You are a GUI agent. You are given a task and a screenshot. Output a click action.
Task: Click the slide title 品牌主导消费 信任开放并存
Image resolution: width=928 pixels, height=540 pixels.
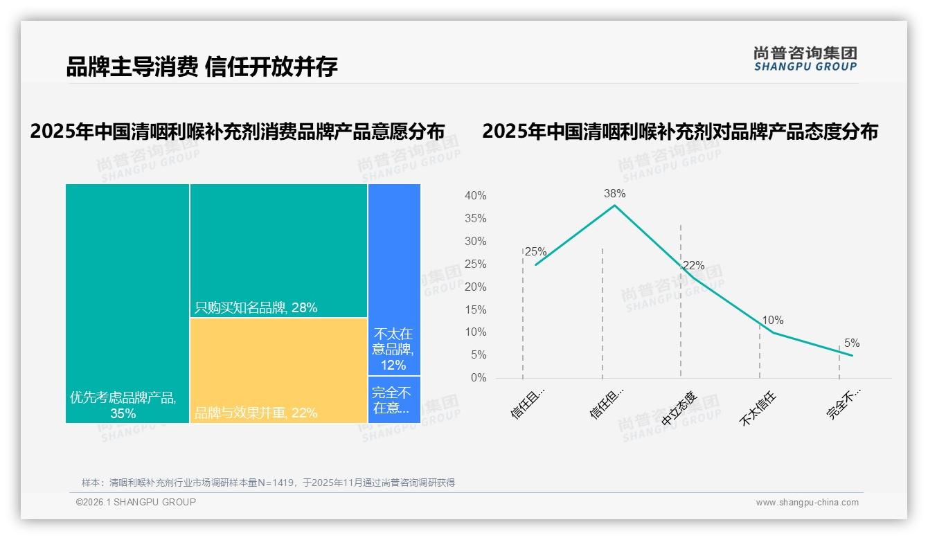pos(202,67)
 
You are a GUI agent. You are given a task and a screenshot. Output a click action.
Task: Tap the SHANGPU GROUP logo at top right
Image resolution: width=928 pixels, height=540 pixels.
pos(805,59)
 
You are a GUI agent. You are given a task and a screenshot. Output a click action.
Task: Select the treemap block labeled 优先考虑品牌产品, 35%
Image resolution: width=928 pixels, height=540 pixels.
pos(127,303)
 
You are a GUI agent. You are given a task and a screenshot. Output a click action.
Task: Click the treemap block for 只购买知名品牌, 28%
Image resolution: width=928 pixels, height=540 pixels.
pos(278,250)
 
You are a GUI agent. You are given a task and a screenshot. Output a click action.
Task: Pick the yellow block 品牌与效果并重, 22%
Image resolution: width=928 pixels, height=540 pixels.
pos(278,370)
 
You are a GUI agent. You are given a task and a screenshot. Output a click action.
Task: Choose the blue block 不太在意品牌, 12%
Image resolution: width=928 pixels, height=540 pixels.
pos(394,279)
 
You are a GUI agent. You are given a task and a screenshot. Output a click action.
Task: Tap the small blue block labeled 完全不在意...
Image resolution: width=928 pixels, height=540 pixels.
pos(394,399)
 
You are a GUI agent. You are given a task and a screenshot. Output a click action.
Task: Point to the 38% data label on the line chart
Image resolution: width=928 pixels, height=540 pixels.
pos(614,193)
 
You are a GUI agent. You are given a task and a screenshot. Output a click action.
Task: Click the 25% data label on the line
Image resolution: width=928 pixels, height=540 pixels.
pos(535,252)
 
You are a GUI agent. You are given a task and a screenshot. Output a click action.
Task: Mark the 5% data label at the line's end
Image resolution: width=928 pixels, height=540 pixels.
pos(851,343)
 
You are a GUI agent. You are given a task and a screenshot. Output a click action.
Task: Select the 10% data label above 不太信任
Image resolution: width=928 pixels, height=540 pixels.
pos(772,321)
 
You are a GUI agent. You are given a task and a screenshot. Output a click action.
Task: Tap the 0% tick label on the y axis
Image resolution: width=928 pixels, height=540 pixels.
pos(478,378)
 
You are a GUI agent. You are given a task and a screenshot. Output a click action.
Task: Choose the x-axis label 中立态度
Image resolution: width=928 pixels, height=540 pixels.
pos(679,409)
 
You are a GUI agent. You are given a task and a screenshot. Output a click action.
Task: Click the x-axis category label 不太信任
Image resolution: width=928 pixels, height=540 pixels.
pos(758,409)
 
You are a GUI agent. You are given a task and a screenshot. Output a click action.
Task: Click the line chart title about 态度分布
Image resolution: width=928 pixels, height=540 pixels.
pos(679,132)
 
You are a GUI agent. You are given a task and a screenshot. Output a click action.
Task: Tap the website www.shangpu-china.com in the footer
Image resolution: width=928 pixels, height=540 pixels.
pos(807,503)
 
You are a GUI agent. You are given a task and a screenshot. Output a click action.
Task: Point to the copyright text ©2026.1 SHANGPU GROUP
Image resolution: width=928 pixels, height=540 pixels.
pos(136,502)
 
